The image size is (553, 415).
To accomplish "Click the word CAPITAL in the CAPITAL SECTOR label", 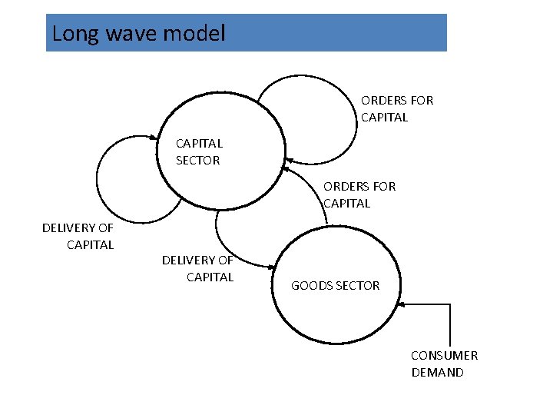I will pos(199,143).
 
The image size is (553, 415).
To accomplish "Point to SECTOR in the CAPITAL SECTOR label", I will pos(198,161).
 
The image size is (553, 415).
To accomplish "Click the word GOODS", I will pos(312,285).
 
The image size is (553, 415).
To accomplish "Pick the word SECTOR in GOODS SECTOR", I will pos(357,285).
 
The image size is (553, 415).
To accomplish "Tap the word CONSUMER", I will pos(444,355).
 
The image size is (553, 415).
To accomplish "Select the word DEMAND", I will pos(437,373).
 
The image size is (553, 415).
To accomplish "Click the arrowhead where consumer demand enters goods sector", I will pos(403,304).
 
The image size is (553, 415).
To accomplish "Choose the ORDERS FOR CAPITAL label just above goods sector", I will pos(359,194).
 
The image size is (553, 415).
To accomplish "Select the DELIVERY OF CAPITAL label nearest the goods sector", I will pos(197,268).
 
